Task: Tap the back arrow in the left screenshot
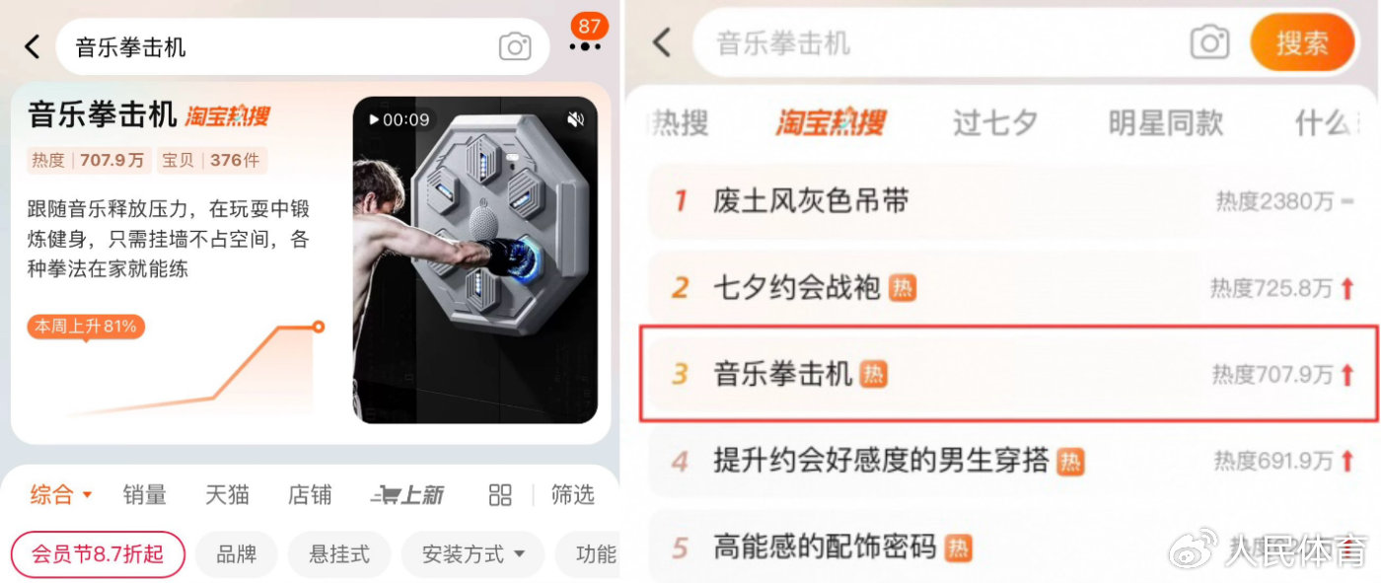point(33,46)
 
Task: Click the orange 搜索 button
point(1302,43)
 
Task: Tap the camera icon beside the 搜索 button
point(1209,43)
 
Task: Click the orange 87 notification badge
point(589,26)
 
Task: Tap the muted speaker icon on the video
point(575,119)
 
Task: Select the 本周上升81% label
point(86,326)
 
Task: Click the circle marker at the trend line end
point(318,327)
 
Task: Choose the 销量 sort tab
point(144,495)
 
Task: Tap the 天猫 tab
point(227,495)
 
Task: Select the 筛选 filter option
point(572,495)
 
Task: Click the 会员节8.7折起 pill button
point(98,554)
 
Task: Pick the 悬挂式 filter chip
point(339,554)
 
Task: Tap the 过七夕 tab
point(994,123)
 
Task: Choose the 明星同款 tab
point(1165,123)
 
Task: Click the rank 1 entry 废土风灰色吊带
point(811,202)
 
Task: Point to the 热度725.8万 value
point(1272,289)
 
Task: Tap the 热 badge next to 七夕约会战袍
point(903,288)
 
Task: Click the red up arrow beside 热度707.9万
point(1347,375)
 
